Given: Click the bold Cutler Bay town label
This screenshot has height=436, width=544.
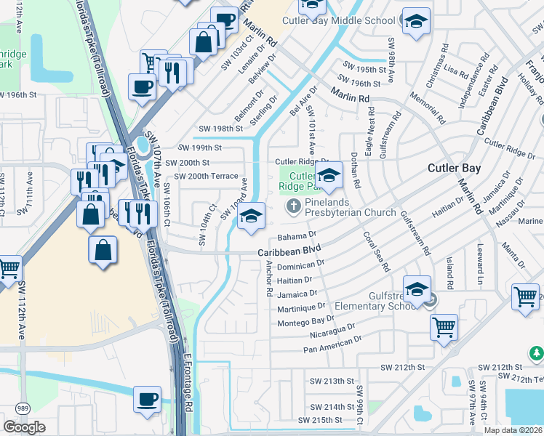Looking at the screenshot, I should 454,167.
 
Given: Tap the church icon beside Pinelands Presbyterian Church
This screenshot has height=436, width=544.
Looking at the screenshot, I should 294,206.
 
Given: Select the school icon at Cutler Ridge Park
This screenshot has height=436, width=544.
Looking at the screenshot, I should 328,176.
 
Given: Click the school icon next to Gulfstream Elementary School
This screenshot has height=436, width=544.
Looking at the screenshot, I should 417,289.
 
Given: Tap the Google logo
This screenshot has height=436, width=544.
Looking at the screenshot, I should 24,427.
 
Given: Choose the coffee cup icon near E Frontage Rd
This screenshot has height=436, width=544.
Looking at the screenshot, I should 147,400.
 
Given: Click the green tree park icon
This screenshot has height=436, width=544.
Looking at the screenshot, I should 536,353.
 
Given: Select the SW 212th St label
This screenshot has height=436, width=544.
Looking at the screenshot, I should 395,367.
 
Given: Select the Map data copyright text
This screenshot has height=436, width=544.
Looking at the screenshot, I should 512,430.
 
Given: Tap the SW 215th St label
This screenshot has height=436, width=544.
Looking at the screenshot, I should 325,420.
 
